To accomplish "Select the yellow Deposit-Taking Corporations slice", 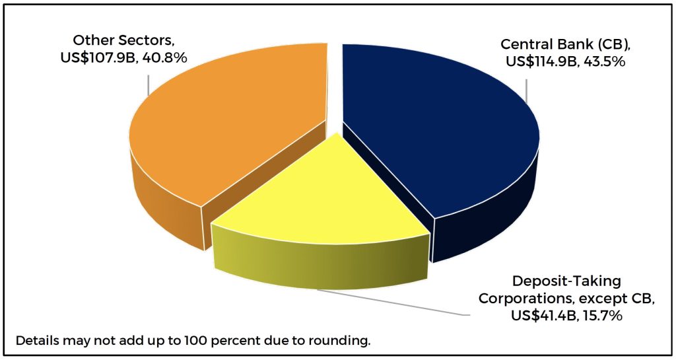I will (x=317, y=198).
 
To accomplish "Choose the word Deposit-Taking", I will (x=566, y=281).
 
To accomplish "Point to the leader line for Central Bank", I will (x=526, y=92).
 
